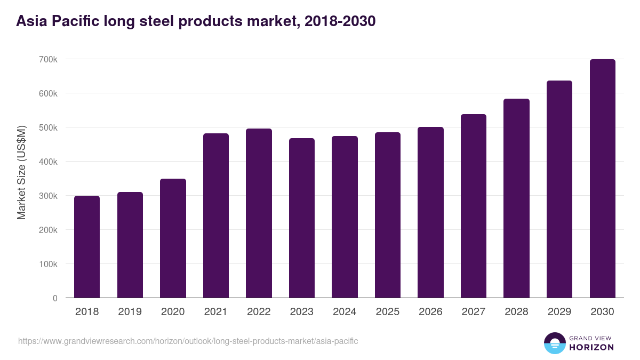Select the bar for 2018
click(87, 247)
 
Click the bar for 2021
click(216, 215)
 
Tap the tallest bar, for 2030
click(603, 179)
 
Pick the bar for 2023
click(302, 218)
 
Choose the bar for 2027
click(474, 206)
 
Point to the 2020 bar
click(173, 238)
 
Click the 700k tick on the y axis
click(48, 59)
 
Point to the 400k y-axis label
click(48, 162)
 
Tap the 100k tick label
click(48, 264)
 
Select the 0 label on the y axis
click(55, 298)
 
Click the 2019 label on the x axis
click(130, 312)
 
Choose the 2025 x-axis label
click(388, 312)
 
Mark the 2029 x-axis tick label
click(559, 312)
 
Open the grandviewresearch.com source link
click(188, 341)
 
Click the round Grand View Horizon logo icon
click(554, 343)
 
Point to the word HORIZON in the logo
click(591, 347)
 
